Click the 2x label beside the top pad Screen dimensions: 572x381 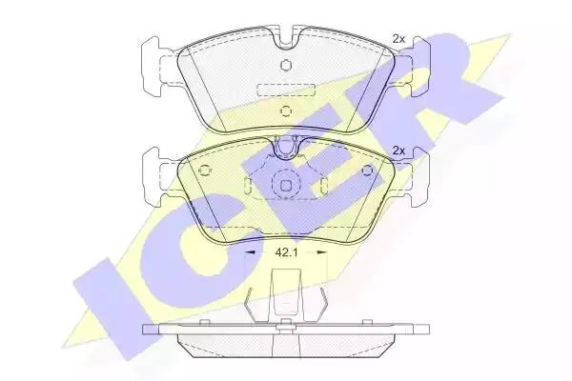398,39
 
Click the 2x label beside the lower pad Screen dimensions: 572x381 398,150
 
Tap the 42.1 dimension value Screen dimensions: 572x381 286,252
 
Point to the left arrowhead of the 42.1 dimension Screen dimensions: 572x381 249,251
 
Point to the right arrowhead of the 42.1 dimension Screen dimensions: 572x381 322,251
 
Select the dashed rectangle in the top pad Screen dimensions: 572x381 286,90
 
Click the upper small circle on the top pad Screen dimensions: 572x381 286,65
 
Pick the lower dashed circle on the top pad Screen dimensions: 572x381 286,110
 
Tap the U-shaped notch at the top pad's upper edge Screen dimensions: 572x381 286,40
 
